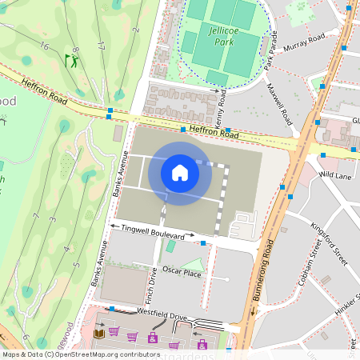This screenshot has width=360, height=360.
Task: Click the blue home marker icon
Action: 180,173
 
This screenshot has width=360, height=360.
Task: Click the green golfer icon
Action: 72,61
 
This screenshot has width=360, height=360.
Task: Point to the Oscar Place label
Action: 182,272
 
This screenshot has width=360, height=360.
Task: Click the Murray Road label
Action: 306,38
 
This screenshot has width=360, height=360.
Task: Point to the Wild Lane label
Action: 335,174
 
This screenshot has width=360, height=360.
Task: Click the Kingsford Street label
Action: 330,245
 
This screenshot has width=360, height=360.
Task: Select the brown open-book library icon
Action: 99,333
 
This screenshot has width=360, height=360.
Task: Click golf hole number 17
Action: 102,42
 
